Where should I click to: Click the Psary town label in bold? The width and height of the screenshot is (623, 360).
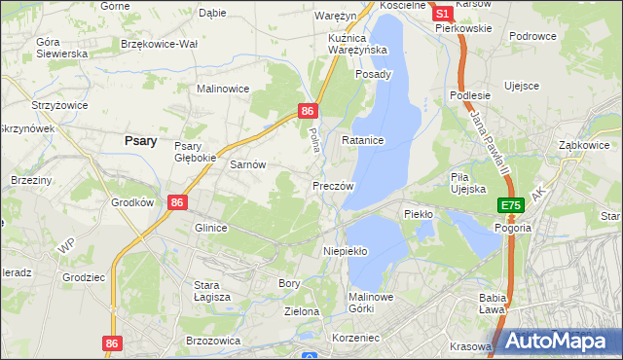pyautogui.click(x=141, y=140)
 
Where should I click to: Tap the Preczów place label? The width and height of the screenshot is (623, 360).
pyautogui.click(x=332, y=185)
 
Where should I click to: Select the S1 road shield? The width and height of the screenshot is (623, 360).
pyautogui.click(x=442, y=14)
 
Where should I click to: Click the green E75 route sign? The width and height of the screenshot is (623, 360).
pyautogui.click(x=512, y=205)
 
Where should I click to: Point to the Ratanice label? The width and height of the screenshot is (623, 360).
pyautogui.click(x=363, y=141)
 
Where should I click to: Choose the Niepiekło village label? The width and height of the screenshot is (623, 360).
pyautogui.click(x=345, y=250)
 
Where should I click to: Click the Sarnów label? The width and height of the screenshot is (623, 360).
pyautogui.click(x=247, y=164)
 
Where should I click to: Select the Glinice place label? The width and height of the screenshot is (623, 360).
pyautogui.click(x=210, y=228)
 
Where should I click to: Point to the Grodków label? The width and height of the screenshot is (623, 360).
pyautogui.click(x=133, y=203)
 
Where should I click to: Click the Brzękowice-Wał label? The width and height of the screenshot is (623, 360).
pyautogui.click(x=159, y=45)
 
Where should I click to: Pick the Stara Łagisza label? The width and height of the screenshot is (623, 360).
pyautogui.click(x=211, y=290)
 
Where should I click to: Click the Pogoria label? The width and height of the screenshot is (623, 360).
pyautogui.click(x=512, y=228)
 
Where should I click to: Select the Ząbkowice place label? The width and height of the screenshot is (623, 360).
pyautogui.click(x=583, y=144)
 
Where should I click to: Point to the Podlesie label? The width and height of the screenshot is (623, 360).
pyautogui.click(x=468, y=94)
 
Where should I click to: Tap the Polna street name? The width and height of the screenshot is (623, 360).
pyautogui.click(x=314, y=137)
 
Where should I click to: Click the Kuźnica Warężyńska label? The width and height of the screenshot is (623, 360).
pyautogui.click(x=351, y=43)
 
